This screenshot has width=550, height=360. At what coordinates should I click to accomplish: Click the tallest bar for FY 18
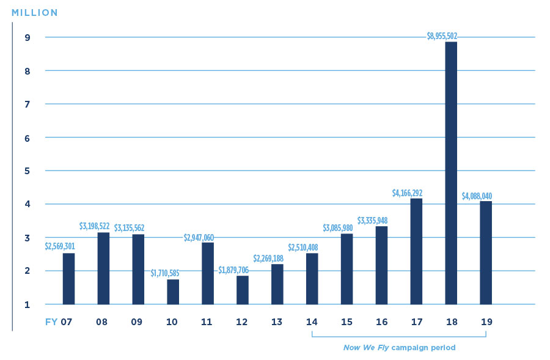tap(451, 173)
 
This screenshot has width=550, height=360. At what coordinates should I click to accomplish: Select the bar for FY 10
tap(173, 292)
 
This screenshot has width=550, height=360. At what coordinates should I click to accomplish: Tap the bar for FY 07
tap(68, 279)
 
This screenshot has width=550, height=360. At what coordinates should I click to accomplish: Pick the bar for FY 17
tap(416, 251)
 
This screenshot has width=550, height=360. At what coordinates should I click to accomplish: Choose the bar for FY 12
tap(243, 290)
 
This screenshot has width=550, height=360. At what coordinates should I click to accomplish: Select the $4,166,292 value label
tap(407, 193)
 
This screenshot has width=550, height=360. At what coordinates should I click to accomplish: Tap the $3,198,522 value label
tap(95, 226)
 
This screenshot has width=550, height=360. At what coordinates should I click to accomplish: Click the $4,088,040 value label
tap(477, 196)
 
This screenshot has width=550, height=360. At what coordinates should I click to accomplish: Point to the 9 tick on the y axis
tap(28, 37)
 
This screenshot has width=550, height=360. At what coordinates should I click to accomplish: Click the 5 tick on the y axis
tap(28, 171)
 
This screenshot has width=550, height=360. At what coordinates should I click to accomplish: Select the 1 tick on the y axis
tap(28, 304)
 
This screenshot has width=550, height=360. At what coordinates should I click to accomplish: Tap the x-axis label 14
tap(312, 321)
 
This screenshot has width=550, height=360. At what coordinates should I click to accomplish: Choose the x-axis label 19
tap(486, 321)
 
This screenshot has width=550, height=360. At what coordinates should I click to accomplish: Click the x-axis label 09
tap(137, 321)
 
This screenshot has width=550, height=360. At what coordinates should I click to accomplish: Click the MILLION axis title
tap(35, 12)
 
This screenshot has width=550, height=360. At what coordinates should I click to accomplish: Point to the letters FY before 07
tap(51, 321)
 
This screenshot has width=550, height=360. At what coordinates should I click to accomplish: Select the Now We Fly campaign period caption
tap(399, 348)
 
